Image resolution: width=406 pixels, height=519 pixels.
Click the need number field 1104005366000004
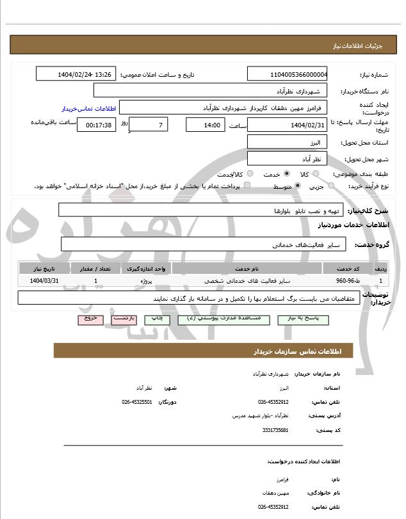click(x=287, y=74)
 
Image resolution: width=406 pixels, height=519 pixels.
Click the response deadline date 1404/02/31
click(x=287, y=125)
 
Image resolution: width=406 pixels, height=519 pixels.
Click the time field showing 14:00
click(x=205, y=125)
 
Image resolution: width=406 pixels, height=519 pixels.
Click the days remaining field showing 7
click(x=149, y=124)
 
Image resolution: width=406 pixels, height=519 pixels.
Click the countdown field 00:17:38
click(x=97, y=125)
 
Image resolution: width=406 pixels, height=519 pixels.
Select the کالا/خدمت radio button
click(x=250, y=174)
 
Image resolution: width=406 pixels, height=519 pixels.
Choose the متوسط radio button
click(x=298, y=186)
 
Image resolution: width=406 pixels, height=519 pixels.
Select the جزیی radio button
click(x=330, y=186)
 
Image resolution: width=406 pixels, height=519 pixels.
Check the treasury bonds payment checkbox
click(x=247, y=186)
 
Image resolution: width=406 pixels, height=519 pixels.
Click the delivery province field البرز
click(x=287, y=141)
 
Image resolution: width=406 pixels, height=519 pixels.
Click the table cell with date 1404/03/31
click(x=44, y=280)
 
